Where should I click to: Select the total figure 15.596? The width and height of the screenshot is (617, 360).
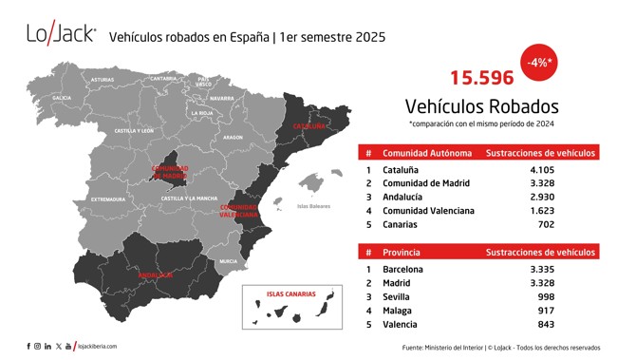(481, 78)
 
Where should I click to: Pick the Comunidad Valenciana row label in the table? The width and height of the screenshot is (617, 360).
(428, 210)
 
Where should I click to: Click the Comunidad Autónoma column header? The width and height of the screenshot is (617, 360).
(426, 153)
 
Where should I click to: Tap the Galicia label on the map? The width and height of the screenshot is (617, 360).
(62, 97)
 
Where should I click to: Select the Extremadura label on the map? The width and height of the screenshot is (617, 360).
(108, 199)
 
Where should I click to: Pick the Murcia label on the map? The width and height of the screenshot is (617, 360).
(228, 260)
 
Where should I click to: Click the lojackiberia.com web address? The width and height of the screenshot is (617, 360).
(97, 346)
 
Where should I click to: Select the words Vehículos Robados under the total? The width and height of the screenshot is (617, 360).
(481, 105)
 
